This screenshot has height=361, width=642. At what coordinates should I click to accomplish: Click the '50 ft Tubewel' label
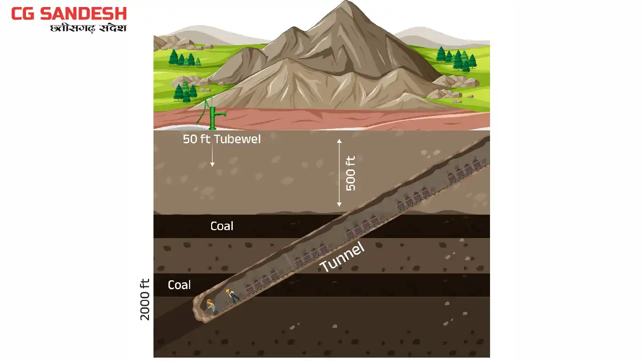tap(222, 139)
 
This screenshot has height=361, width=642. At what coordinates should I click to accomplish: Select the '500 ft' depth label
tap(351, 173)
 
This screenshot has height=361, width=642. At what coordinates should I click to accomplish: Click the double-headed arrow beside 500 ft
tap(339, 173)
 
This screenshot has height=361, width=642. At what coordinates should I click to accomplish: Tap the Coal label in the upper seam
tap(222, 226)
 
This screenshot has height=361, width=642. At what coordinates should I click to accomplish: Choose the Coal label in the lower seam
tap(179, 285)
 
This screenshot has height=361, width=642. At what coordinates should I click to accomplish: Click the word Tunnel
tap(342, 257)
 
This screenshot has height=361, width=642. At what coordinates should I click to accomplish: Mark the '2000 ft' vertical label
tap(145, 299)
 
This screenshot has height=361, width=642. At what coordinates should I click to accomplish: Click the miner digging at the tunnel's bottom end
tap(211, 305)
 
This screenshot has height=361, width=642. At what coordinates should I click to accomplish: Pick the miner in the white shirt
tap(232, 295)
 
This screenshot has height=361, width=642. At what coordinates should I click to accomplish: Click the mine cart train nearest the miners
tap(262, 282)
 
